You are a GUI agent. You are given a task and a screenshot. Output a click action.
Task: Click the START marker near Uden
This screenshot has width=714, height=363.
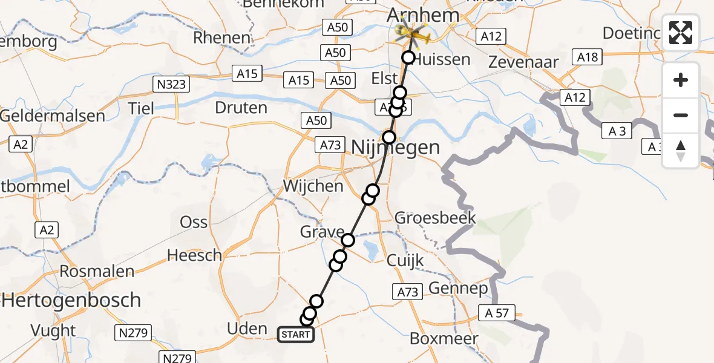296,335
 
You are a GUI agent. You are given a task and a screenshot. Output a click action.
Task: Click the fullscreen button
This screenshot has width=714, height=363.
681,33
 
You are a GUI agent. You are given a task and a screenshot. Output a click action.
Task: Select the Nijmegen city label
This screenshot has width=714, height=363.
396,147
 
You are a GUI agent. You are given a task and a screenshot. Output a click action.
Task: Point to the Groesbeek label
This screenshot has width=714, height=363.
435,218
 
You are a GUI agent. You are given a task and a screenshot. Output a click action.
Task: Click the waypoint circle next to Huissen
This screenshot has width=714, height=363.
408,58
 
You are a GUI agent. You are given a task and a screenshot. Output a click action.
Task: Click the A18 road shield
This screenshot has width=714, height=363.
588,57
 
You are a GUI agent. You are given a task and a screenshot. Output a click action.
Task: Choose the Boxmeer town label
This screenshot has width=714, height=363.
444,338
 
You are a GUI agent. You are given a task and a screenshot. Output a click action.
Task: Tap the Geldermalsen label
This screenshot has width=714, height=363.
53,115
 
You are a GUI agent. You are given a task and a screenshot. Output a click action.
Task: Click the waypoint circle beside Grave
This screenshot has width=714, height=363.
347,240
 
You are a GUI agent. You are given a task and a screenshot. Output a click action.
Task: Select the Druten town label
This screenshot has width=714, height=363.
241,108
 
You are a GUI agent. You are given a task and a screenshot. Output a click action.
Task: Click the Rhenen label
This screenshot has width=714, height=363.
221,38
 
